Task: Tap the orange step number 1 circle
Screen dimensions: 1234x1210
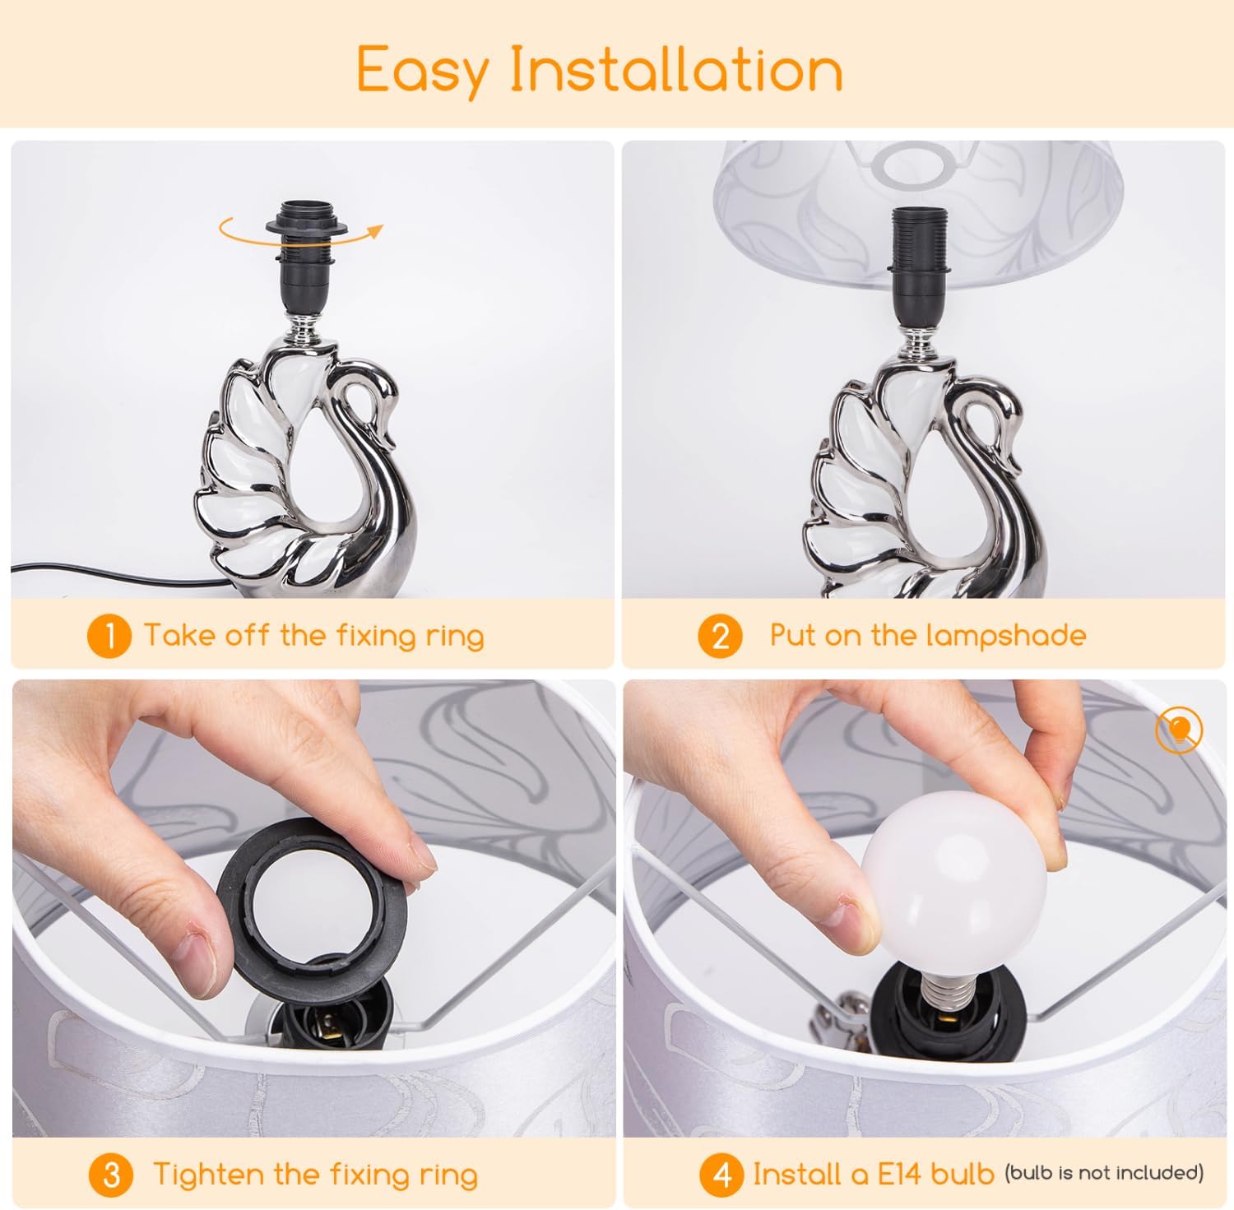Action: click(109, 636)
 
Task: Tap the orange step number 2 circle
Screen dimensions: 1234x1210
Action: click(720, 636)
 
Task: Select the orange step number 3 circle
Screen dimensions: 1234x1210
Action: click(111, 1175)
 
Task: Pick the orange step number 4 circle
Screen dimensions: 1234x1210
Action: click(721, 1175)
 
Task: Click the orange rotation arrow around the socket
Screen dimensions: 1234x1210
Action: click(300, 234)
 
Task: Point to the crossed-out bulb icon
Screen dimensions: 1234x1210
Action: click(1179, 730)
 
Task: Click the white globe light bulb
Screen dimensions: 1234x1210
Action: click(953, 891)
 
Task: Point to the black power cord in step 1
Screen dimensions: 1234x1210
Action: click(115, 574)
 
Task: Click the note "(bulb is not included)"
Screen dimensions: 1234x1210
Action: click(1104, 1172)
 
